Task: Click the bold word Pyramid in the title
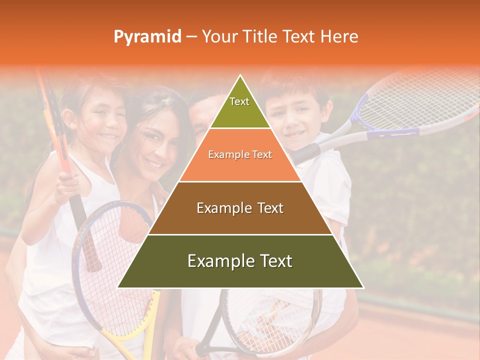click(x=147, y=37)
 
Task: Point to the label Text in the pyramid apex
click(x=239, y=101)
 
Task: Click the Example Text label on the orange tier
click(x=240, y=154)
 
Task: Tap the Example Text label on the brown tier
click(x=240, y=208)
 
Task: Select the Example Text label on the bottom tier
click(x=240, y=261)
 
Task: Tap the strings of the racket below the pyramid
click(x=270, y=315)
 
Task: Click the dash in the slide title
click(x=191, y=37)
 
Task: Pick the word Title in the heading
click(x=260, y=36)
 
